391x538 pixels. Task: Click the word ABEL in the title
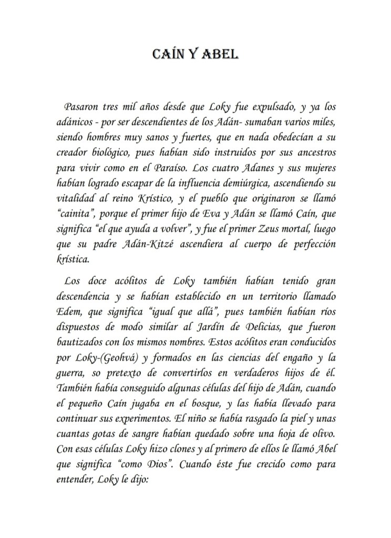[221, 54]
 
